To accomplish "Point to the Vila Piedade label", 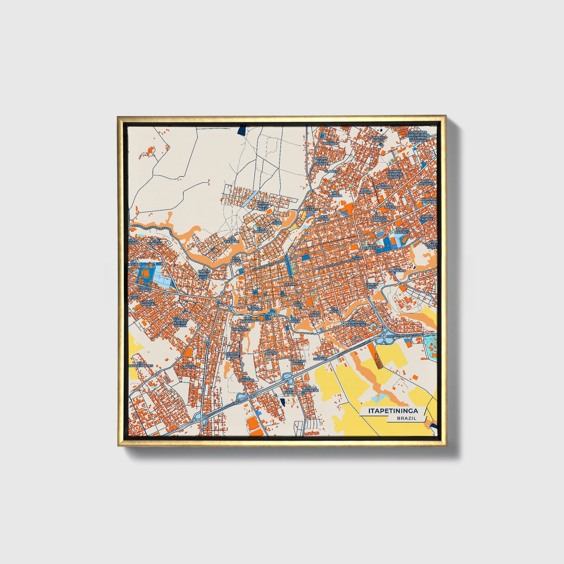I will pos(231,240).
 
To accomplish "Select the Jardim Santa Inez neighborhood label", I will pos(263,206).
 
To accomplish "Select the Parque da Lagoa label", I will pos(380,219).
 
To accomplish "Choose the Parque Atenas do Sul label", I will pos(181,323).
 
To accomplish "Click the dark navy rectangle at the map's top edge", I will pos(242,130).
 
